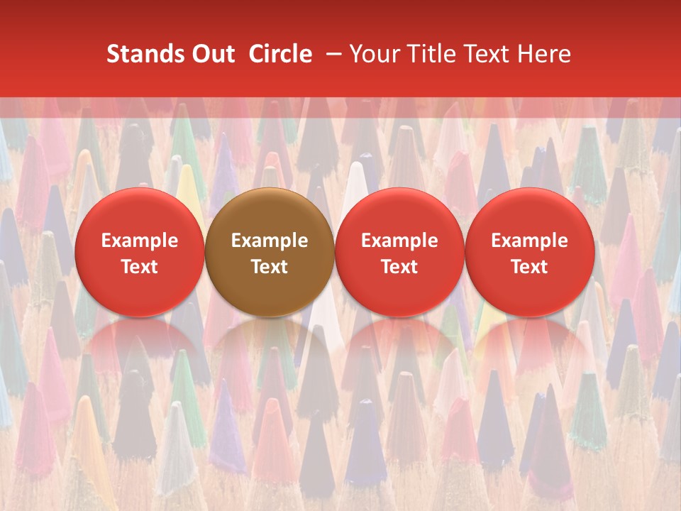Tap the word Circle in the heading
pyautogui.click(x=280, y=54)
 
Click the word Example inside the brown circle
pyautogui.click(x=269, y=241)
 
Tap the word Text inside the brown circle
pyautogui.click(x=269, y=267)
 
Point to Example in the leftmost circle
pyautogui.click(x=139, y=241)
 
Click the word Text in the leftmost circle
pyautogui.click(x=139, y=267)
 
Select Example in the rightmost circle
pyautogui.click(x=529, y=241)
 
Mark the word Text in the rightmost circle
pyautogui.click(x=529, y=267)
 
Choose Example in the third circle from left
pyautogui.click(x=399, y=241)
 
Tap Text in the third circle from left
pyautogui.click(x=399, y=267)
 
